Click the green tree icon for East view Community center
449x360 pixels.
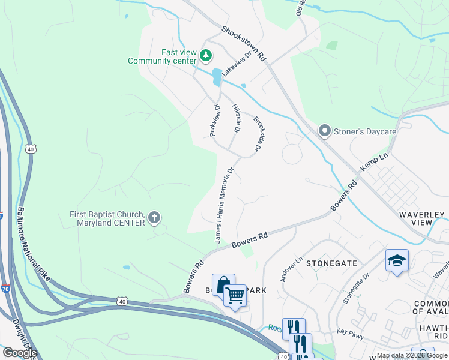tap(206, 56)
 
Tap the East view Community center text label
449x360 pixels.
tap(162, 56)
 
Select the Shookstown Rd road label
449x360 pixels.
tap(243, 45)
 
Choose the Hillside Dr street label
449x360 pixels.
tap(237, 117)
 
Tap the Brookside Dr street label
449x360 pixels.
tap(259, 133)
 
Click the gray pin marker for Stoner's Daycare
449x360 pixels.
tap(325, 130)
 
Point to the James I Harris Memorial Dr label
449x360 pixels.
tap(224, 204)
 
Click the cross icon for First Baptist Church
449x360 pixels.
tap(155, 217)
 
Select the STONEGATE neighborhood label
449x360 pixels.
tap(331, 263)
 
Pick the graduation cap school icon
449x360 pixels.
tap(397, 260)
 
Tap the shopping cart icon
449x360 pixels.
tap(235, 295)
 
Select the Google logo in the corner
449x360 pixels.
tap(19, 353)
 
